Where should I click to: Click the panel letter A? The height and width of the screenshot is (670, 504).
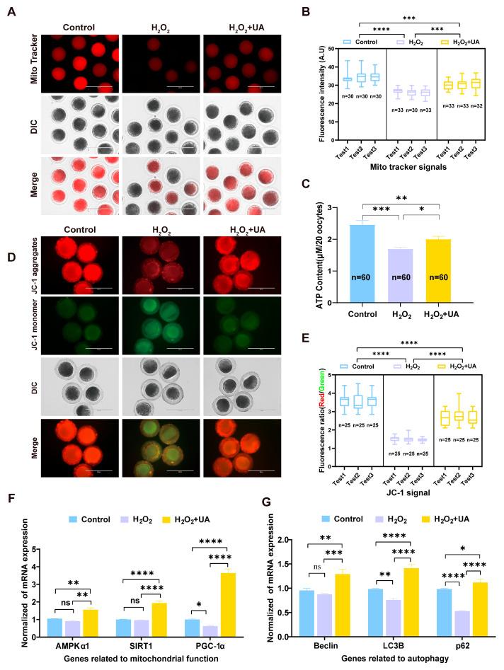[10, 12]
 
